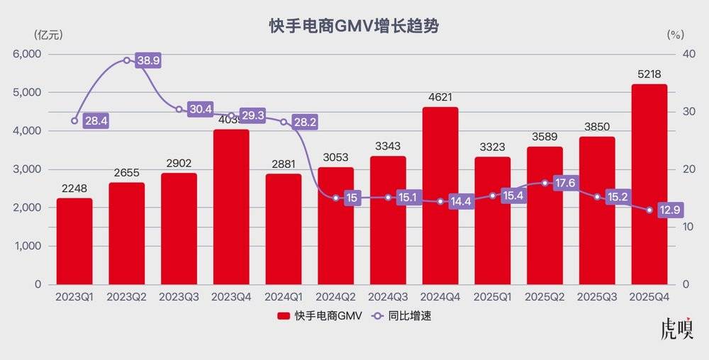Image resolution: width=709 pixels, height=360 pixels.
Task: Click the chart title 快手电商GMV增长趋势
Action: click(x=354, y=26)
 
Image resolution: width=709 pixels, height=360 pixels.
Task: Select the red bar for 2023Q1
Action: click(x=74, y=241)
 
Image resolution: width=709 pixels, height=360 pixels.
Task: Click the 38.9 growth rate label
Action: click(x=148, y=60)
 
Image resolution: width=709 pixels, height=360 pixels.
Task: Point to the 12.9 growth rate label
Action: click(x=670, y=210)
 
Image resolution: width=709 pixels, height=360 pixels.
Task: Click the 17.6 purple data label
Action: click(x=566, y=183)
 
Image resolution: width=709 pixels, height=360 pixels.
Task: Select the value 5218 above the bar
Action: click(x=649, y=73)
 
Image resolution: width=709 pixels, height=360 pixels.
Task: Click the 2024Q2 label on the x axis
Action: click(x=335, y=297)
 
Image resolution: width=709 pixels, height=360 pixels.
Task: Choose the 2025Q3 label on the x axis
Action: click(x=596, y=297)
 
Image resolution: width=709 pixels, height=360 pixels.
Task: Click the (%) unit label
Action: click(x=675, y=33)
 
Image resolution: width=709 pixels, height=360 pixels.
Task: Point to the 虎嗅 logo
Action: click(x=676, y=330)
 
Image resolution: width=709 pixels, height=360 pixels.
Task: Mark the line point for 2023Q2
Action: click(x=127, y=60)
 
